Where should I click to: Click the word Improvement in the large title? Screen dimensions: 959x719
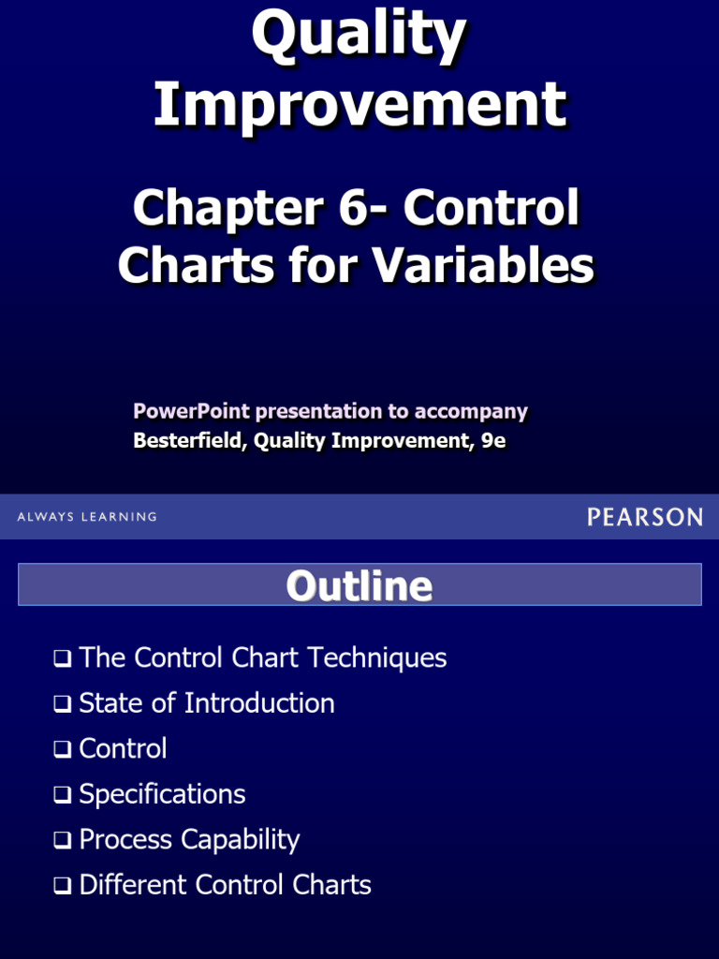click(359, 104)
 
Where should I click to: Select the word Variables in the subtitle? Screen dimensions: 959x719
click(483, 265)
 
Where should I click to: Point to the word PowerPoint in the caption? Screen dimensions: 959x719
click(191, 411)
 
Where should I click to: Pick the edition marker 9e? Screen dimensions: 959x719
click(493, 441)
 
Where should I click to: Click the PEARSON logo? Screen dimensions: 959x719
click(645, 516)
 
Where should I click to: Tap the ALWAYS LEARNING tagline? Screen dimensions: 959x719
click(87, 517)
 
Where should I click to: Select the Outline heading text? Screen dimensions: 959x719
click(359, 585)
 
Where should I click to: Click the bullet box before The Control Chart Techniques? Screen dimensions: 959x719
click(63, 659)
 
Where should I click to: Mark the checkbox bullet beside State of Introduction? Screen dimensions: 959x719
click(63, 704)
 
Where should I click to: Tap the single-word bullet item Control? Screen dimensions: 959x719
click(123, 749)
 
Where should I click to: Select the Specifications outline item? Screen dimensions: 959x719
click(162, 794)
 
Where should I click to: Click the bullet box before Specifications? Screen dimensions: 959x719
click(63, 795)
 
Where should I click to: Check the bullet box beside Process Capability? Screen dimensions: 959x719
click(63, 841)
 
